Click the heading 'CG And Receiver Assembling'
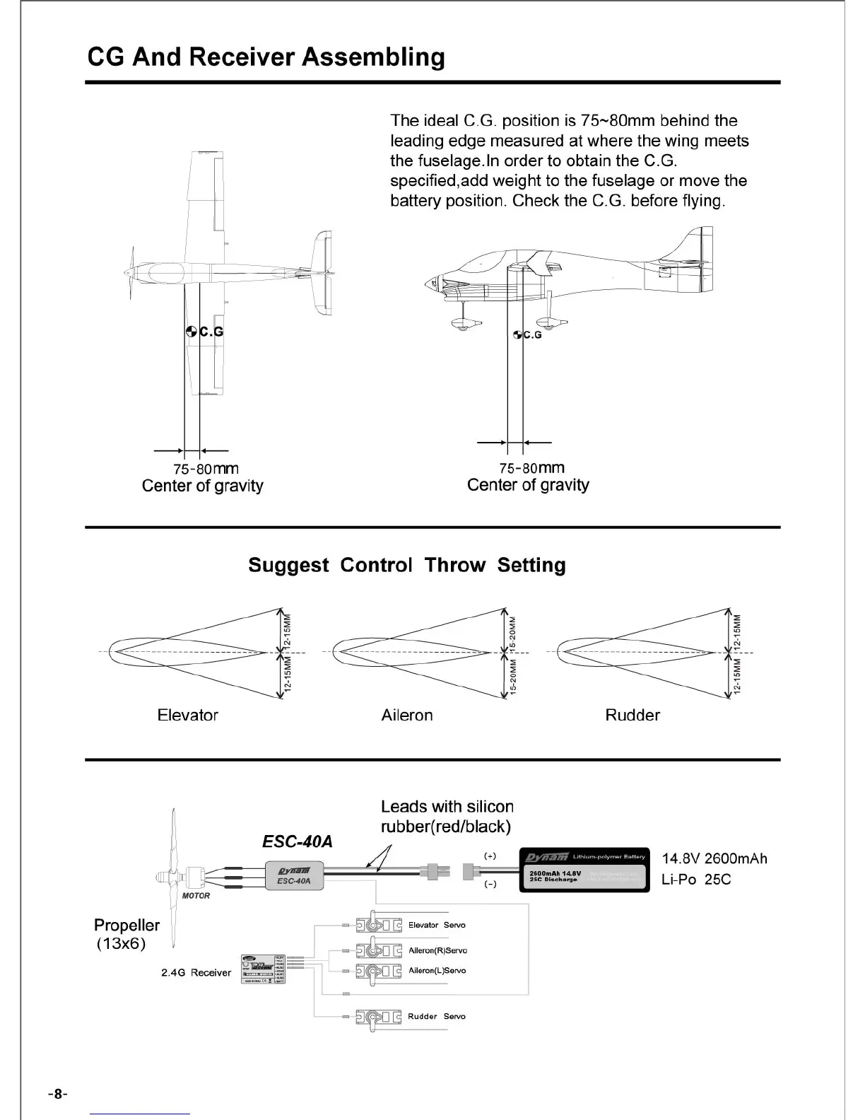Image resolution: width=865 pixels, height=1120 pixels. (266, 57)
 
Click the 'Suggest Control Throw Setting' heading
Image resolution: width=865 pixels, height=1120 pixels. (406, 565)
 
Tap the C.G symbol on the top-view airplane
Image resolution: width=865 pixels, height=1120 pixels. (192, 331)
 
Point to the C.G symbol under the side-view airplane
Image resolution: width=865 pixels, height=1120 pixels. (518, 334)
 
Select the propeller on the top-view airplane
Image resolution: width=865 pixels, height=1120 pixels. (129, 272)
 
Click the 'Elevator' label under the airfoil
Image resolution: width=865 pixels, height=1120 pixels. (187, 715)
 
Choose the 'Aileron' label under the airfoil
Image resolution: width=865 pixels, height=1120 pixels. (406, 715)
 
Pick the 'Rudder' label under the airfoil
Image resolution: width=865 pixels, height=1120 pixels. (632, 715)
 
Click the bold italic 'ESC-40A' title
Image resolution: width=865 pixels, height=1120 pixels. (297, 841)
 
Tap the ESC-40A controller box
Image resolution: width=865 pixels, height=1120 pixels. (294, 876)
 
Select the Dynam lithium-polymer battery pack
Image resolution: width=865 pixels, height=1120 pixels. (584, 870)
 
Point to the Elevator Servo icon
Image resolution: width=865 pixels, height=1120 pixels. (379, 925)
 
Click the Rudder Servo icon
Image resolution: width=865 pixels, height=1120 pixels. (379, 1017)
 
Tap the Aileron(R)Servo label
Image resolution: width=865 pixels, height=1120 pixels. (437, 950)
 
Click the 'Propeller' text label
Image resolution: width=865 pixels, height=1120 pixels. (126, 925)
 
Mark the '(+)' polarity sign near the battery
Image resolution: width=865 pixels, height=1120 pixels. (490, 856)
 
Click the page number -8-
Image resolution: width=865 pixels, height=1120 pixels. (57, 1094)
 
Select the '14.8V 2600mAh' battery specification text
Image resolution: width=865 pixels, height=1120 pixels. (714, 858)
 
